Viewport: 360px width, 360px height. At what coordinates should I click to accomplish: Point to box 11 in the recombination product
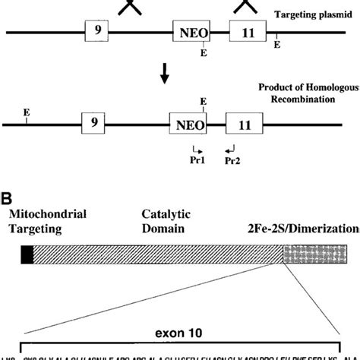pos(246,121)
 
